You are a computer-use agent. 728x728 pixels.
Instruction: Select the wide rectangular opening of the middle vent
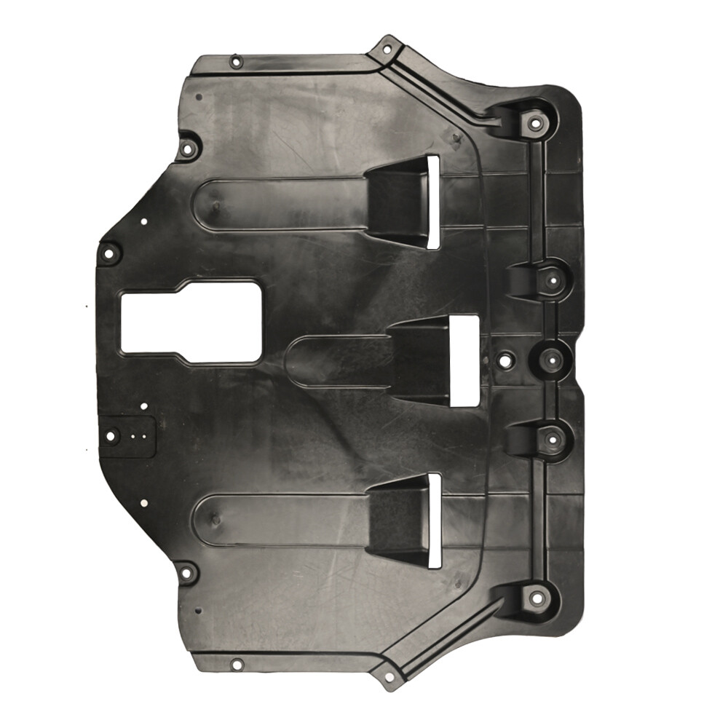[464, 360]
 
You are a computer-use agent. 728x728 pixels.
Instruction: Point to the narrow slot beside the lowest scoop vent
[434, 520]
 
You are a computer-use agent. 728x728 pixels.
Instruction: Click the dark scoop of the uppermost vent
[397, 200]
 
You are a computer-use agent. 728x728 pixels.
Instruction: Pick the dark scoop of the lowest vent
[397, 521]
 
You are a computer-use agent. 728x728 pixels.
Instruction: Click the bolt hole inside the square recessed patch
[111, 437]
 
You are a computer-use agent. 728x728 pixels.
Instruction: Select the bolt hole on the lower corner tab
[388, 676]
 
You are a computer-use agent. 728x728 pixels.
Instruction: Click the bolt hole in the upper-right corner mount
[536, 122]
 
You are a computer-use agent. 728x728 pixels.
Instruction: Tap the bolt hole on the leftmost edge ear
[110, 254]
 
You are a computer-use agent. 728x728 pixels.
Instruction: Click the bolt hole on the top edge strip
[235, 61]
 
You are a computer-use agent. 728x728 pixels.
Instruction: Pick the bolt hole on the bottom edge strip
[236, 664]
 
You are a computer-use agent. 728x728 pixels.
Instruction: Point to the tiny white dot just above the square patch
[143, 405]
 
